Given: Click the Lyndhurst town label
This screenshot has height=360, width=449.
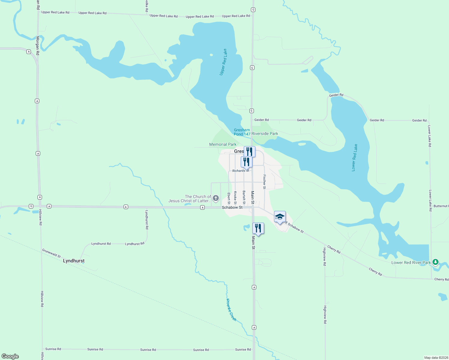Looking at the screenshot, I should pyautogui.click(x=74, y=261).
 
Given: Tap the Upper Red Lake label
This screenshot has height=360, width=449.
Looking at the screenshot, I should pyautogui.click(x=223, y=62).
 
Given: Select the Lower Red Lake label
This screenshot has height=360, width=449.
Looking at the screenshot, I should pyautogui.click(x=354, y=158).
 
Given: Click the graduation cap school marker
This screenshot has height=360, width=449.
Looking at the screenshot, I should pyautogui.click(x=280, y=217).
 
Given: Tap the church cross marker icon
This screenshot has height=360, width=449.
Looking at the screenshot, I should pyautogui.click(x=215, y=198).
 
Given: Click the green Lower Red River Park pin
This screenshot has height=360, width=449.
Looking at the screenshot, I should pyautogui.click(x=435, y=262).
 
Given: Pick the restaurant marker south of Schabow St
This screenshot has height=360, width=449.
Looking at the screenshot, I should pyautogui.click(x=258, y=229).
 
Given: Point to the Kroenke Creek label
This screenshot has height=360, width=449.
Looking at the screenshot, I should pyautogui.click(x=231, y=310).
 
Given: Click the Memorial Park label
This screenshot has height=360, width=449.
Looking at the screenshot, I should pyautogui.click(x=223, y=144).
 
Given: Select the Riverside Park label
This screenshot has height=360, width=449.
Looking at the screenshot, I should pyautogui.click(x=265, y=133).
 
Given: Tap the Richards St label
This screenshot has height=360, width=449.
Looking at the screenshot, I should pyautogui.click(x=241, y=171).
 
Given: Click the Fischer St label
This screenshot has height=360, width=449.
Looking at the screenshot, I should pyautogui.click(x=264, y=182).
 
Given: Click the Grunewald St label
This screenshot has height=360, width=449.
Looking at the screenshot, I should pyautogui.click(x=51, y=253).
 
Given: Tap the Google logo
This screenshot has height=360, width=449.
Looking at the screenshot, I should pyautogui.click(x=10, y=356).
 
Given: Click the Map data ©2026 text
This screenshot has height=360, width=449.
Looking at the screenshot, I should pyautogui.click(x=435, y=358).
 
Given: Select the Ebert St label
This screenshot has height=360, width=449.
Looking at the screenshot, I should pyautogui.click(x=229, y=198).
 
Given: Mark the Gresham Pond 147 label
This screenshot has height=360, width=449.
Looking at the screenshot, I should pyautogui.click(x=242, y=132).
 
